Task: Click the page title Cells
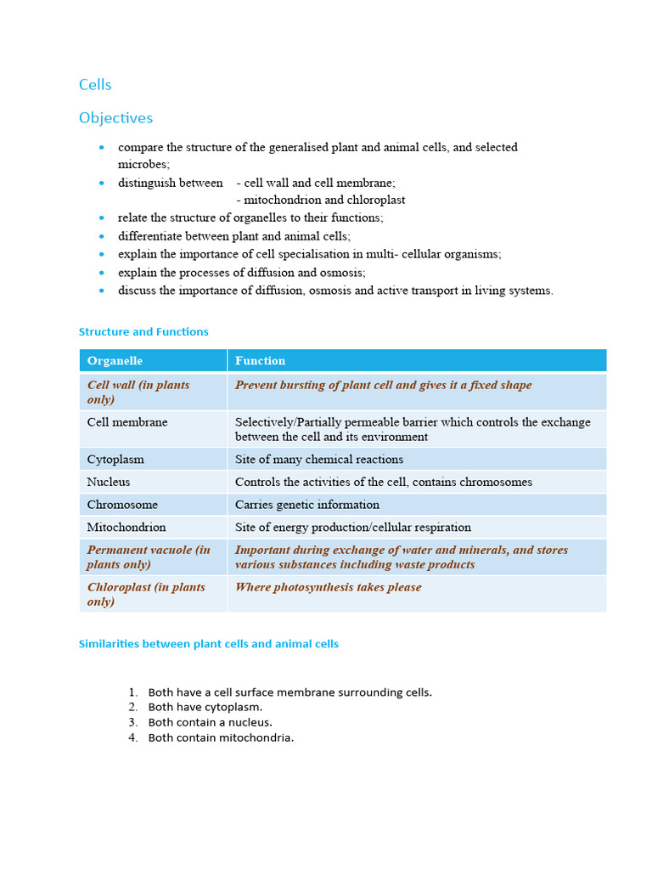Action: click(x=95, y=85)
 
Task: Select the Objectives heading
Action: click(x=115, y=118)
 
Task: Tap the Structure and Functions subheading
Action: click(x=143, y=332)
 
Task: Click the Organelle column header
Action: click(x=115, y=361)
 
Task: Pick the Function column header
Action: click(x=260, y=361)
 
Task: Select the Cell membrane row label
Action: click(x=127, y=422)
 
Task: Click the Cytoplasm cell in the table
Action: click(x=115, y=460)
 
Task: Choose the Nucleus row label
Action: click(x=109, y=482)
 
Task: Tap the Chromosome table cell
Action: click(x=122, y=505)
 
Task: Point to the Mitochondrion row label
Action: click(x=126, y=528)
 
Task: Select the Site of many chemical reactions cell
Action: click(x=318, y=460)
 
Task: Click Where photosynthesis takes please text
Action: click(x=328, y=587)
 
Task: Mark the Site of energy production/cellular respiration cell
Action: click(x=352, y=528)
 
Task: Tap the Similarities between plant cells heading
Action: click(x=208, y=644)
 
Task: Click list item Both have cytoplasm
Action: click(x=205, y=707)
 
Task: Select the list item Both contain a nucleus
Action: click(x=210, y=722)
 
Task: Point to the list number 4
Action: click(x=132, y=737)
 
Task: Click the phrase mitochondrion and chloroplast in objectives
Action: click(x=323, y=201)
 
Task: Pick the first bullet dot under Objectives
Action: click(x=102, y=148)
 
